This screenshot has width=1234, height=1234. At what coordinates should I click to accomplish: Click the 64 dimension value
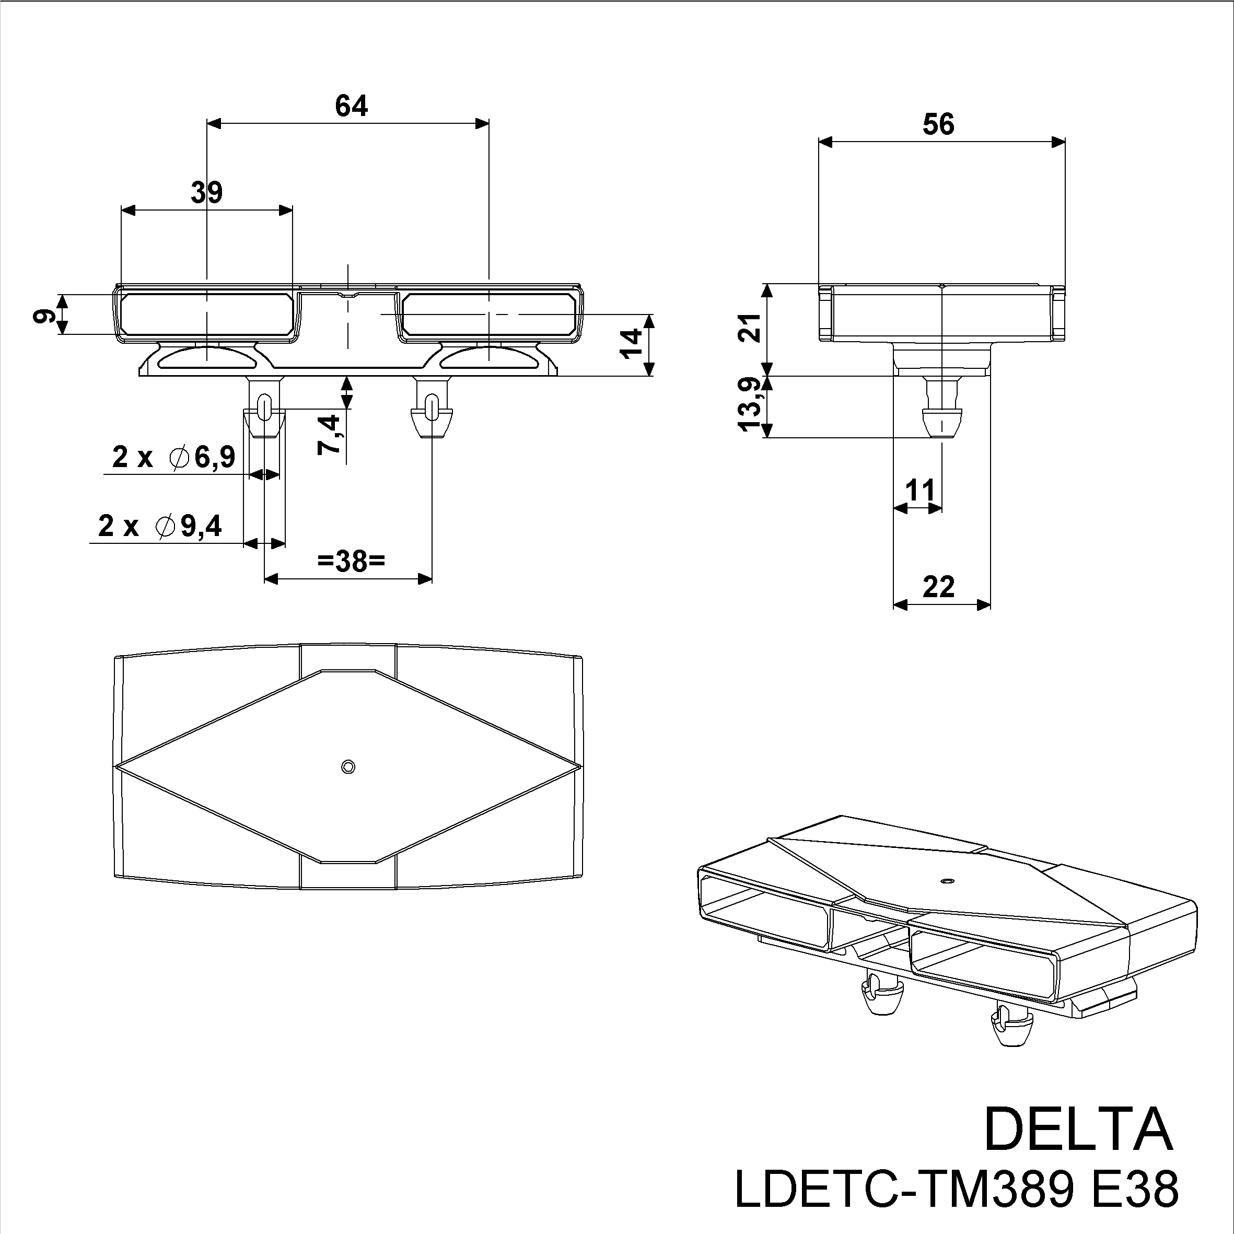pyautogui.click(x=351, y=106)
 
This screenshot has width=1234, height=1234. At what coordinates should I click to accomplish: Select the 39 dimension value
pyautogui.click(x=206, y=192)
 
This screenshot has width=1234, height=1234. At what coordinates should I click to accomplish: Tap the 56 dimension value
pyautogui.click(x=938, y=124)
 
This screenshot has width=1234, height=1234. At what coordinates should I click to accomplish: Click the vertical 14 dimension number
pyautogui.click(x=631, y=344)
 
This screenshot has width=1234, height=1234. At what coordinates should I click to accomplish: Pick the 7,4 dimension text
pyautogui.click(x=330, y=434)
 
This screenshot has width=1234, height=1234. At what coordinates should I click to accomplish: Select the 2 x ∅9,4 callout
pyautogui.click(x=160, y=526)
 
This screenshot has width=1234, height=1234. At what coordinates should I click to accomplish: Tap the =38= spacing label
pyautogui.click(x=351, y=562)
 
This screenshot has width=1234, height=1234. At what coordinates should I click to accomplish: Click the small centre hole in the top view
pyautogui.click(x=348, y=766)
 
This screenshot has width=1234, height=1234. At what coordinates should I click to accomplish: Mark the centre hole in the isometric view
pyautogui.click(x=947, y=881)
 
